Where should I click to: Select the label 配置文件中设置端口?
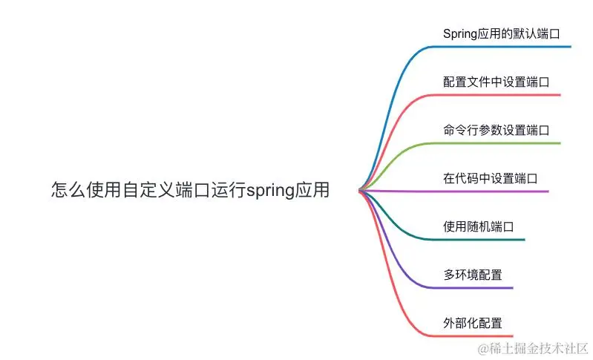(496, 82)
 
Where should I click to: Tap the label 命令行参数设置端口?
(496, 130)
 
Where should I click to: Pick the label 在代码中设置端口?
(490, 178)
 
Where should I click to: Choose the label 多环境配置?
(472, 275)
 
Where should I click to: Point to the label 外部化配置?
(472, 323)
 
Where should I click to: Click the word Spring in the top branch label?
(460, 33)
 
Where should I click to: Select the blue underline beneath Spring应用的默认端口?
(505, 47)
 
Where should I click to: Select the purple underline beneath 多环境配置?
(475, 288)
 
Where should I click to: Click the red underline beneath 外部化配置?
(475, 336)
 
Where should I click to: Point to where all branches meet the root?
(360, 191)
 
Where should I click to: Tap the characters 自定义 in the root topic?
(144, 190)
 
